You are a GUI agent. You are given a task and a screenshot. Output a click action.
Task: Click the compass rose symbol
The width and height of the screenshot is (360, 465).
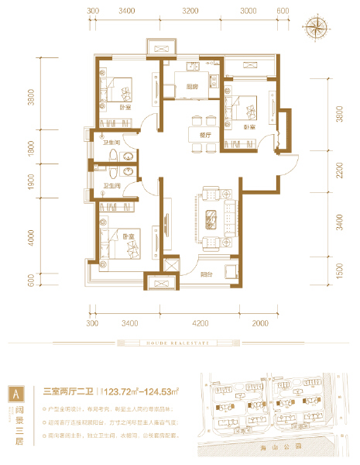(x=317, y=28)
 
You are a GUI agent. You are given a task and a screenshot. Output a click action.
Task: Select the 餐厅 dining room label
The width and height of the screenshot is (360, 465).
(x=205, y=134)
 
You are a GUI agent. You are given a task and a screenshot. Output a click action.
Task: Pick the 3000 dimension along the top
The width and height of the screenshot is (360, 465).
(x=248, y=12)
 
